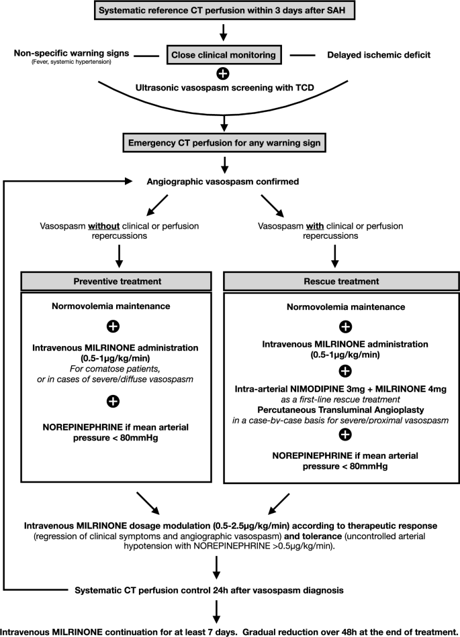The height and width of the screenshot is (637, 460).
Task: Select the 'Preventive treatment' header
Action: click(x=113, y=282)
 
